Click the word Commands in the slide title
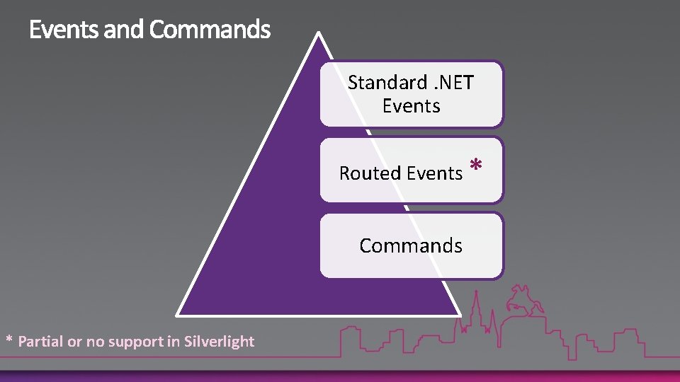210,30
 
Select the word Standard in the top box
387,83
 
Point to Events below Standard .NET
411,106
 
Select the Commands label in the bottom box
411,245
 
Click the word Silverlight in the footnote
219,342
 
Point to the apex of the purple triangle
319,34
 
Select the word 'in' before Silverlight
174,342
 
